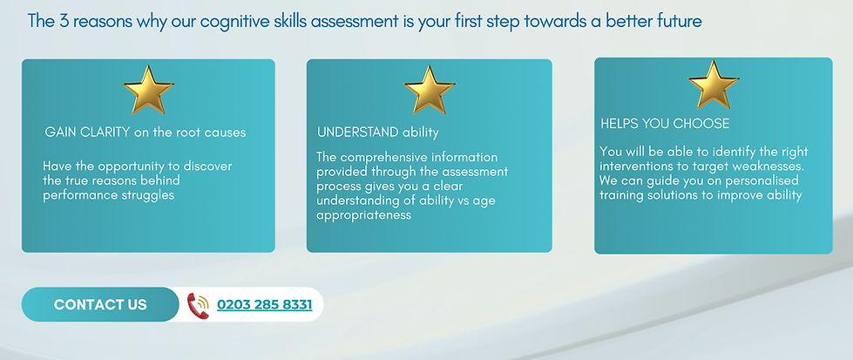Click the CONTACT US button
click(x=100, y=304)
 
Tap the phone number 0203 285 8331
click(x=264, y=304)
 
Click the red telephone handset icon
click(x=199, y=305)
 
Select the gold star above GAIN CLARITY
click(x=147, y=89)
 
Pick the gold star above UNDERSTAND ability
click(x=429, y=89)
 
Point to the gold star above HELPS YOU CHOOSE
click(x=713, y=85)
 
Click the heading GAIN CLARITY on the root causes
click(x=145, y=132)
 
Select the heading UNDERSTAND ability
click(x=377, y=132)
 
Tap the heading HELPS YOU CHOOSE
click(x=665, y=124)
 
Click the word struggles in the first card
click(x=146, y=194)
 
